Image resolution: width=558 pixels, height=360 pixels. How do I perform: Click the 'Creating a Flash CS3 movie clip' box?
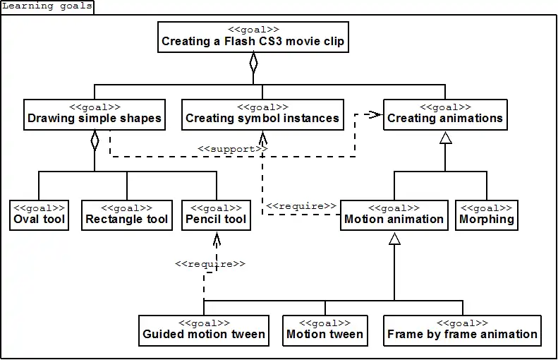[253, 37]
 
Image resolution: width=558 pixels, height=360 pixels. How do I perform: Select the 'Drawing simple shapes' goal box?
[95, 114]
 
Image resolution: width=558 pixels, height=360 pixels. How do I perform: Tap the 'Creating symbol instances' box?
[262, 114]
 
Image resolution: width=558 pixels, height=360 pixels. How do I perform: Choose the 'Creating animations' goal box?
[445, 114]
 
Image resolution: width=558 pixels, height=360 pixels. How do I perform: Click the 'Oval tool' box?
[40, 215]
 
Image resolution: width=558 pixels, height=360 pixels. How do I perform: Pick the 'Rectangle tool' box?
[127, 215]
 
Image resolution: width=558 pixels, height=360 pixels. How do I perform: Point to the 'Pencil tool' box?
[216, 215]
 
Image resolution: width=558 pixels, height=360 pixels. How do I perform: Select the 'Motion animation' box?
[394, 215]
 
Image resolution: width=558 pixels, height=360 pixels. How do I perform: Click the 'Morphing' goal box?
[487, 215]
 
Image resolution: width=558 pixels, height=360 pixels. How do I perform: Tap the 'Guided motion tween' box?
[204, 330]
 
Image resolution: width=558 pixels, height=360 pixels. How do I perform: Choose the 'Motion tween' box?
[325, 330]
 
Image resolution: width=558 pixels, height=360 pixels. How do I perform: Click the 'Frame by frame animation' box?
[463, 330]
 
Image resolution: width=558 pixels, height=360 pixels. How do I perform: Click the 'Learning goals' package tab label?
[47, 6]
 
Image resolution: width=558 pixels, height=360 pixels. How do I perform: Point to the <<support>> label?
[232, 149]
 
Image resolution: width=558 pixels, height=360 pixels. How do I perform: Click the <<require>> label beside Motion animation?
[301, 206]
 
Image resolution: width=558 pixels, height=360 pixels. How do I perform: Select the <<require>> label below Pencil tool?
[210, 263]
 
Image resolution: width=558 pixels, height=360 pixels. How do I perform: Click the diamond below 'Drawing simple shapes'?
[95, 140]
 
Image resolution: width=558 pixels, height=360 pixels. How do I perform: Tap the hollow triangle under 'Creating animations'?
[445, 139]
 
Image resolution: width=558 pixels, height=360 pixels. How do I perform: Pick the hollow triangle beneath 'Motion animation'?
[394, 239]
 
